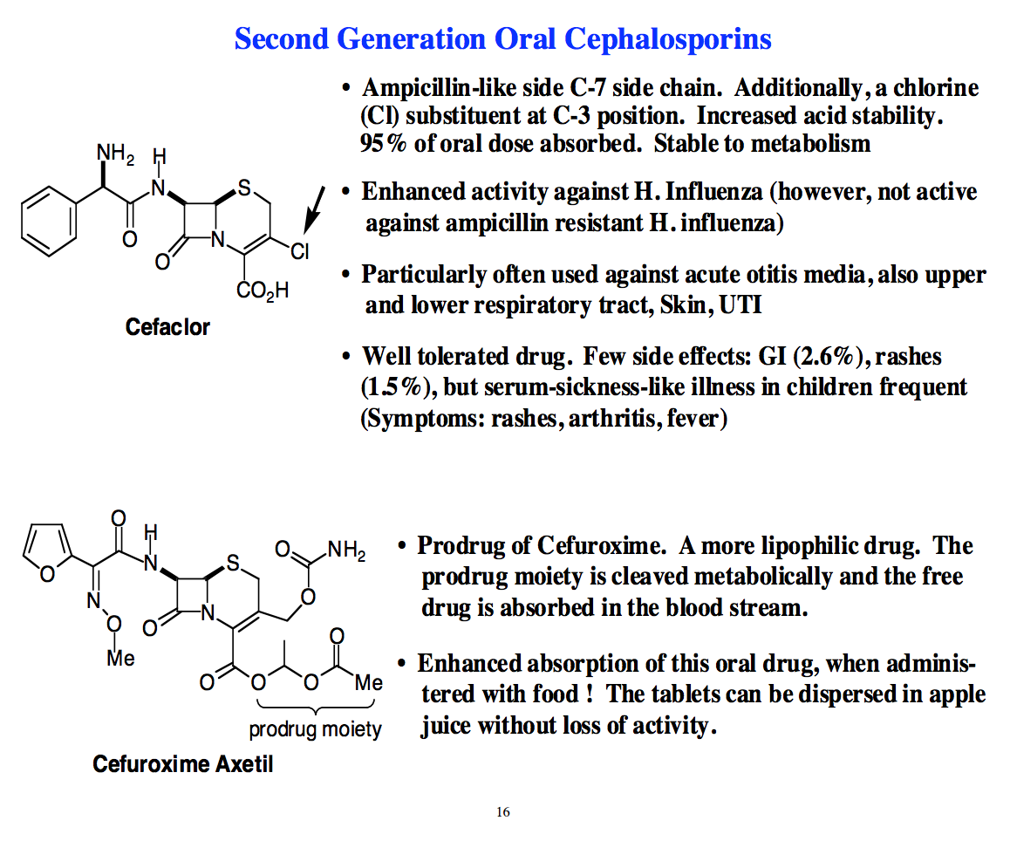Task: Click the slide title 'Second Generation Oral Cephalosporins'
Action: click(x=503, y=39)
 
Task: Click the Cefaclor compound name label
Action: click(x=167, y=327)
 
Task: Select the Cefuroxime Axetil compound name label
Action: click(x=183, y=764)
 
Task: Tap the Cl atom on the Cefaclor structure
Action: click(x=299, y=252)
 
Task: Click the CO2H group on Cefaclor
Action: click(x=262, y=291)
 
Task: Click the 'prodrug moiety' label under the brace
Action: click(x=315, y=728)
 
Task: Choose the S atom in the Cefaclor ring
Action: click(x=244, y=187)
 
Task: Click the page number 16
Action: click(x=502, y=812)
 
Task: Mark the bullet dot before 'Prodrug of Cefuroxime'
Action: click(x=402, y=547)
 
